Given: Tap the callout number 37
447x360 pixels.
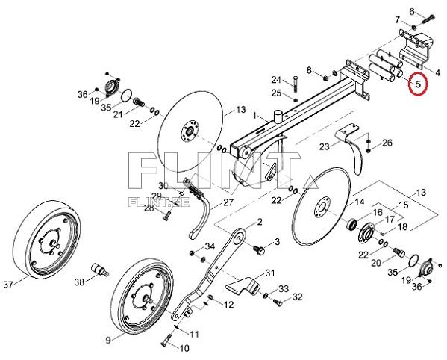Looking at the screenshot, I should (x=9, y=284).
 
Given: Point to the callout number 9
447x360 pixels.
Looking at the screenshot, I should (x=108, y=340).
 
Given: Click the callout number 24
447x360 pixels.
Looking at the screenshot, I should (x=275, y=80).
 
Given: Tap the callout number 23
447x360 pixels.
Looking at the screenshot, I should (x=325, y=146).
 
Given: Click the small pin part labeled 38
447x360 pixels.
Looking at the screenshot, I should (x=98, y=266).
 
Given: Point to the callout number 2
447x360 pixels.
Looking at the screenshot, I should (x=260, y=223).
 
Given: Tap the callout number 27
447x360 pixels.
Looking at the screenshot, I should (x=228, y=202).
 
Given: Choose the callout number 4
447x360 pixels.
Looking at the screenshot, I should (x=438, y=72).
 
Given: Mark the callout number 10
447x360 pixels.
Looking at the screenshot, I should (x=184, y=348).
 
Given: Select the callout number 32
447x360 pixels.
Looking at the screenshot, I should (x=297, y=297).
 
